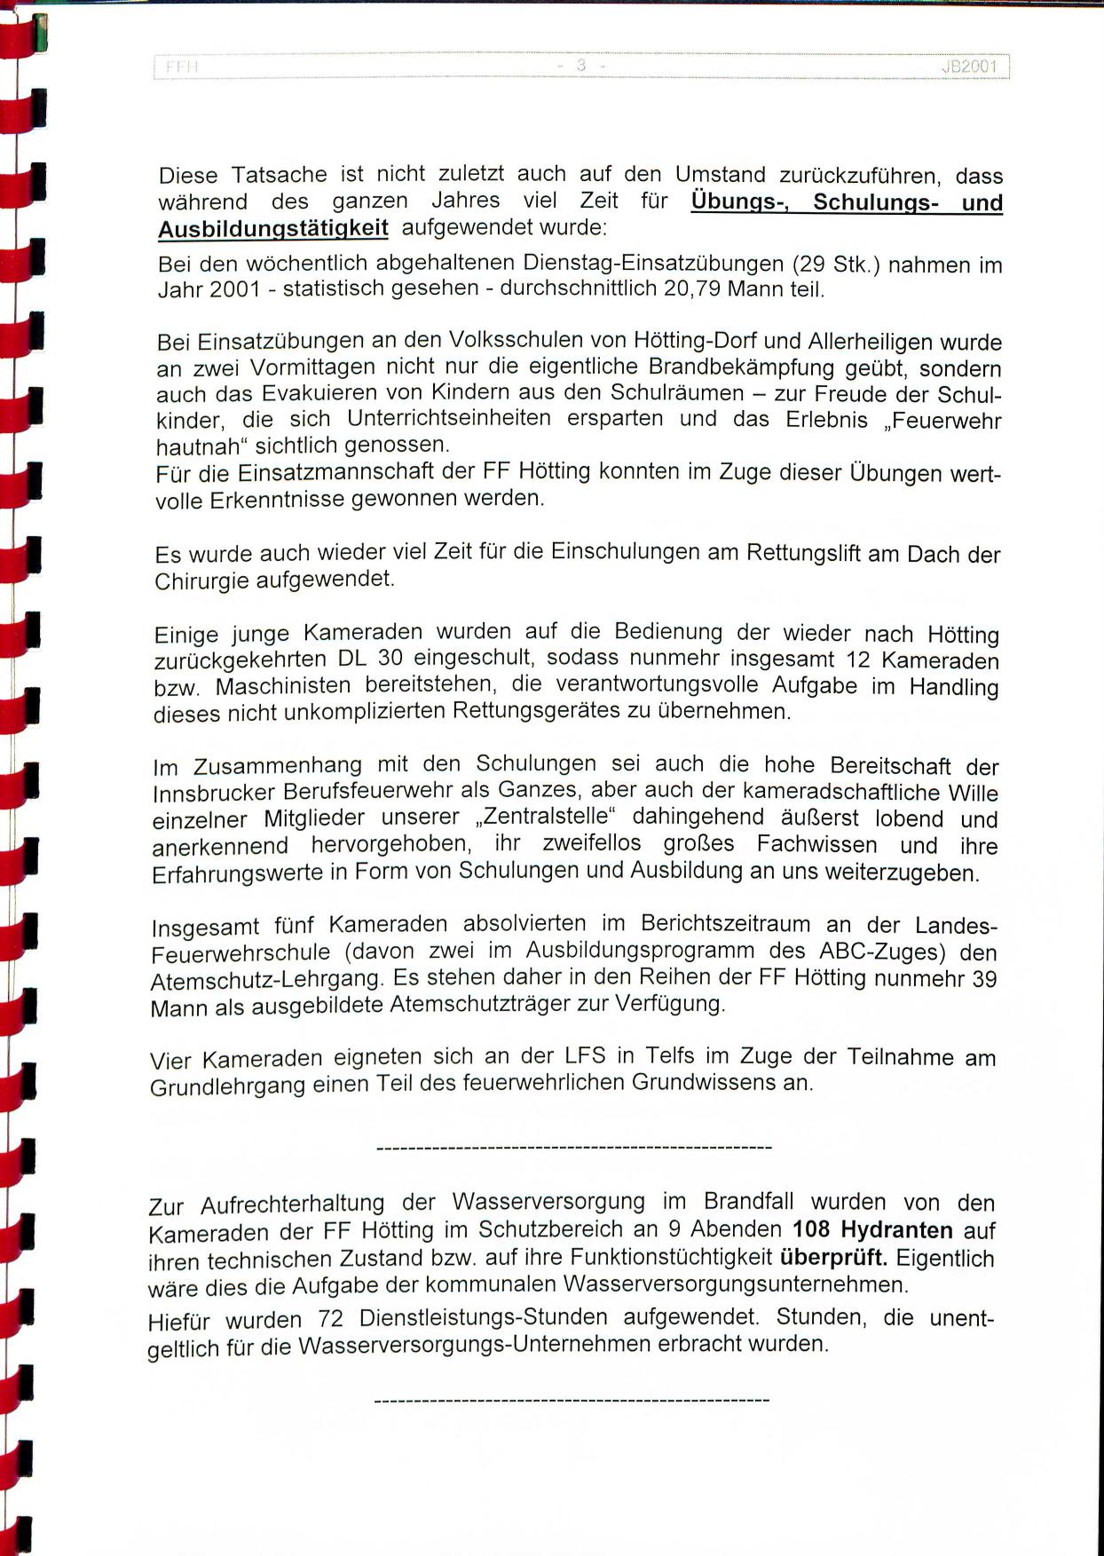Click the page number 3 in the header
(581, 65)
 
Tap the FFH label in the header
(181, 67)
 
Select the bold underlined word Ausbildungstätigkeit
(273, 229)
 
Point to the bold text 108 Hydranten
(872, 1230)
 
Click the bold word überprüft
(834, 1258)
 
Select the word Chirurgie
(202, 581)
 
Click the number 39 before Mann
(984, 979)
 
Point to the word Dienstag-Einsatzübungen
(652, 264)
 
